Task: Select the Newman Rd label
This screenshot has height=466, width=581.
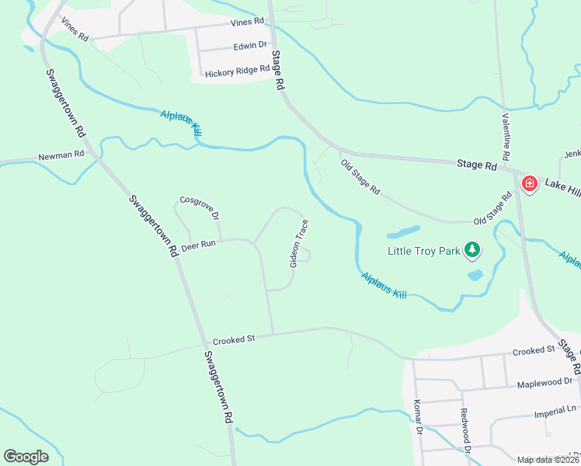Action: (61, 156)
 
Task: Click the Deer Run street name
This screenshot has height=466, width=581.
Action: (197, 244)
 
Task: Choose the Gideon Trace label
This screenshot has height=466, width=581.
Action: (299, 243)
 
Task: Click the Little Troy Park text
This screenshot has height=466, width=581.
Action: (423, 250)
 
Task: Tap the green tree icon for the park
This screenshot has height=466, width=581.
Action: (471, 249)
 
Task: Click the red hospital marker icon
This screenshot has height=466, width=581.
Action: (530, 184)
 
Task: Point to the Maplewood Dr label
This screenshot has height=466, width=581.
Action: (544, 382)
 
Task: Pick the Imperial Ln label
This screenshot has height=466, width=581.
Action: (556, 409)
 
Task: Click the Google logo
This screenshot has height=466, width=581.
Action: (26, 457)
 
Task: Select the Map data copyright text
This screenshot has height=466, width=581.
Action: (548, 460)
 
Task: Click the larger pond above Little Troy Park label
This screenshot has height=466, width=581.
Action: (402, 231)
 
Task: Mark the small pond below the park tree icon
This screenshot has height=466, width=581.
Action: (475, 275)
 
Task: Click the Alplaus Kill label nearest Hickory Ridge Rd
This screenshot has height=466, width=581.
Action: (182, 123)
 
